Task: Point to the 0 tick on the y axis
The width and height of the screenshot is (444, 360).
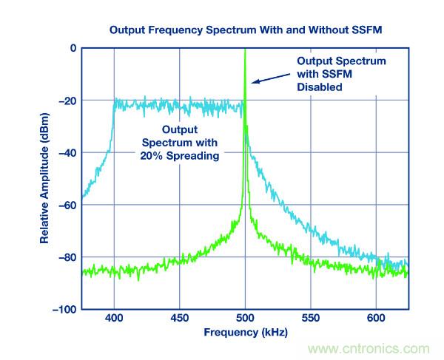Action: [x=73, y=48]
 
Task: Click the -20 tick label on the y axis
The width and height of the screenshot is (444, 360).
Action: [x=67, y=101]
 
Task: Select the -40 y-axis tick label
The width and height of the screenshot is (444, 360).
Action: [x=67, y=153]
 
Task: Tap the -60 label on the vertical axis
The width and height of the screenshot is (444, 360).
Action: [x=67, y=206]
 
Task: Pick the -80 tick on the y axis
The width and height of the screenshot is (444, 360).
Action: [x=67, y=258]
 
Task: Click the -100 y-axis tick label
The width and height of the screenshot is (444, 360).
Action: [x=65, y=310]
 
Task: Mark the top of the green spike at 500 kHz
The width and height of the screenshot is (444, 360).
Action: [x=245, y=50]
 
